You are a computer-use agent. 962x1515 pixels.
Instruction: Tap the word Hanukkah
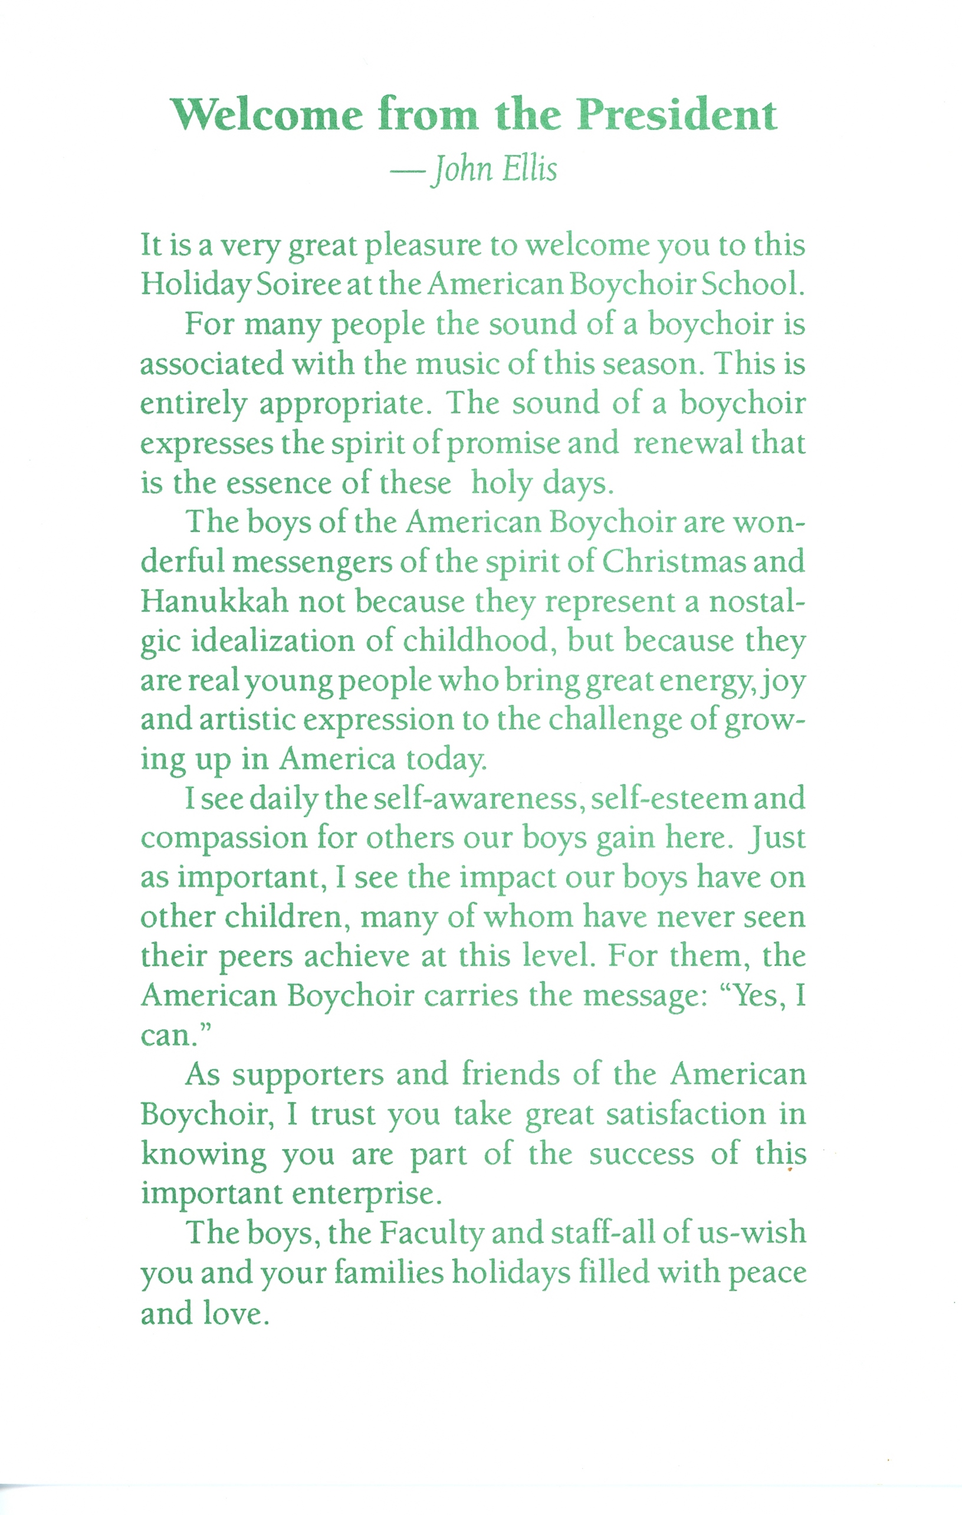[x=214, y=602]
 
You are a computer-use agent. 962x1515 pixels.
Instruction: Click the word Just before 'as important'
[x=777, y=838]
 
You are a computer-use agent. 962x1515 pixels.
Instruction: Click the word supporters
[x=308, y=1077]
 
